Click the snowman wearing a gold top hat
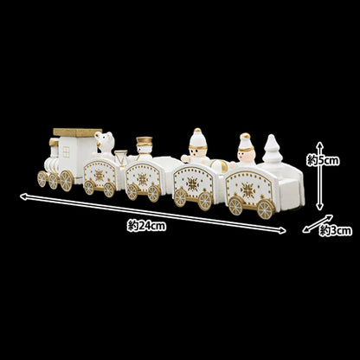point(144,148)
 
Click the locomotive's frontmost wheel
point(42,178)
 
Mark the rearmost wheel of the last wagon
point(266,209)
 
